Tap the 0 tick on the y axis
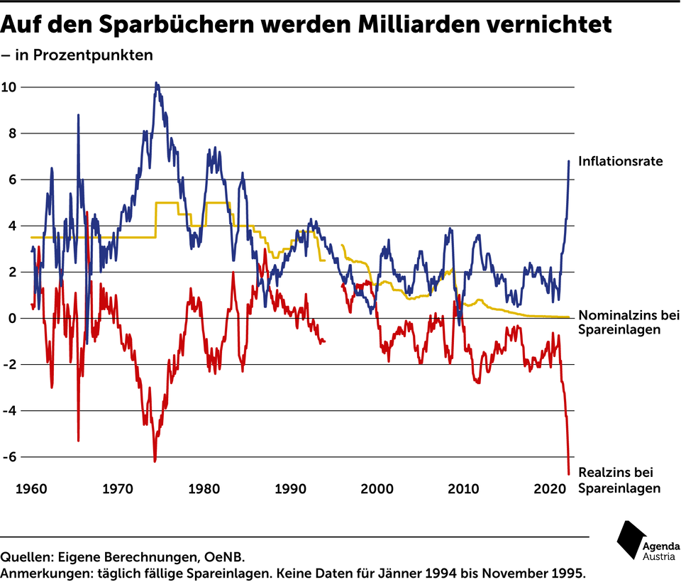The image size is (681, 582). (x=12, y=319)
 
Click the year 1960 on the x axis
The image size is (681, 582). (x=32, y=489)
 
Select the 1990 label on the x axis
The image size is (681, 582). (x=289, y=489)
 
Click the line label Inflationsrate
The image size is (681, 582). (x=620, y=161)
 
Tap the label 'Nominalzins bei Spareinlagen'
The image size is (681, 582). (x=629, y=323)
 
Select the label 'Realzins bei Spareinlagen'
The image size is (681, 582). (x=619, y=480)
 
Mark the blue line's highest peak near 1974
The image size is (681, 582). (x=156, y=83)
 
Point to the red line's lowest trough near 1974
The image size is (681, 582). (x=155, y=461)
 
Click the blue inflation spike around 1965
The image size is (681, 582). (x=78, y=115)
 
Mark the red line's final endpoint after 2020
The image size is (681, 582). (x=569, y=473)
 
